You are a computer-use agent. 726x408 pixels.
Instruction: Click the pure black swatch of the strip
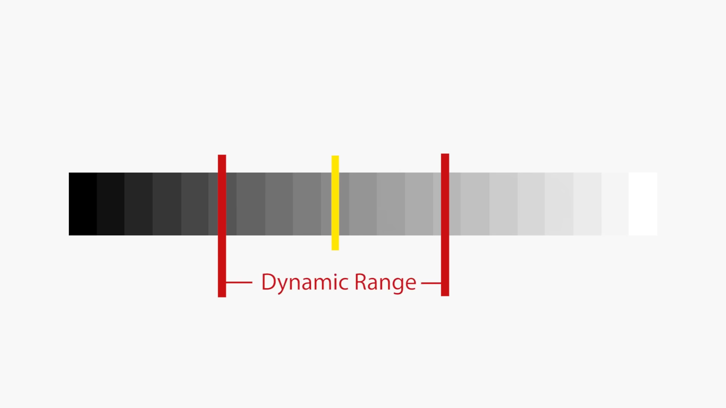83,204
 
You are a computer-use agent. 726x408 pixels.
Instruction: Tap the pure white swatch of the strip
643,204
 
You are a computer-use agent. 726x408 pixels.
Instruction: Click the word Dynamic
305,282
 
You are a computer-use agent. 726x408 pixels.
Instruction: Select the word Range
385,282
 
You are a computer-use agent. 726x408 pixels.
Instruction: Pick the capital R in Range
360,281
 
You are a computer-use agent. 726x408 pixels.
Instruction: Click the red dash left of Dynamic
239,282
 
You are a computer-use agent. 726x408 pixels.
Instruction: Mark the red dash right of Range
431,283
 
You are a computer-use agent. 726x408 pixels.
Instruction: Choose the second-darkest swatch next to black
110,204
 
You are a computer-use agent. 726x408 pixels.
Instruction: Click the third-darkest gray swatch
138,204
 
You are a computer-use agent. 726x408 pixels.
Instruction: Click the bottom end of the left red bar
222,295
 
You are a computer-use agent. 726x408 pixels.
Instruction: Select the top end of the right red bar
445,156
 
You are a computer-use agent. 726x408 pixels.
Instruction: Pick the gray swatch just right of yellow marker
363,204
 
